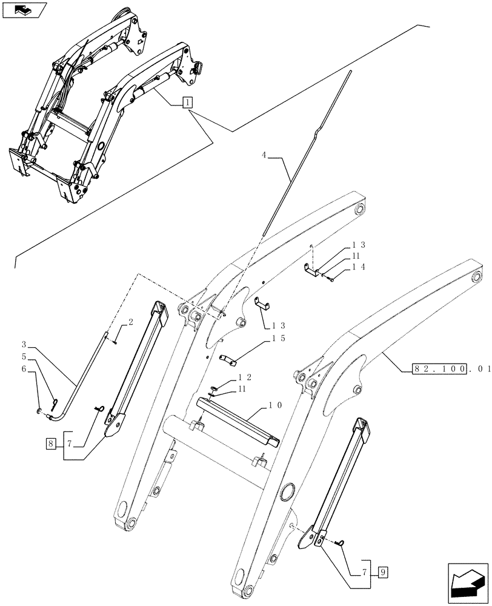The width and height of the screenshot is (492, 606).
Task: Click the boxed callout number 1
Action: (188, 102)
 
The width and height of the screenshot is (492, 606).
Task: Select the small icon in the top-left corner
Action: (24, 10)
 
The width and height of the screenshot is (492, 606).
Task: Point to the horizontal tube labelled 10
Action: (236, 420)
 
